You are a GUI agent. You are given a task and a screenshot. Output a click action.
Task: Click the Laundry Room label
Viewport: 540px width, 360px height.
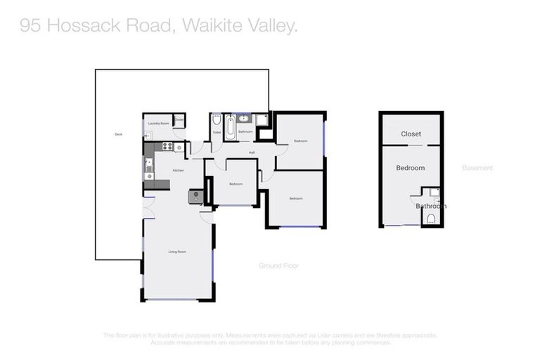158,124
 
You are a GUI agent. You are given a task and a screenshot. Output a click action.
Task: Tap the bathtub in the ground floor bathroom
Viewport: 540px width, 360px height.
230,128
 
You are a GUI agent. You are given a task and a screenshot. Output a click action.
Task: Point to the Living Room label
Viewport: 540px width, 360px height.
176,252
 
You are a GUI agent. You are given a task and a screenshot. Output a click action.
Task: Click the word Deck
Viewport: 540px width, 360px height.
118,134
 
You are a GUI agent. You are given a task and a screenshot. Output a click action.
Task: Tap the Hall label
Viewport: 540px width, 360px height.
251,152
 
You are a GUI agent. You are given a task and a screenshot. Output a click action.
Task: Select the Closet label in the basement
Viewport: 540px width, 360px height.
411,134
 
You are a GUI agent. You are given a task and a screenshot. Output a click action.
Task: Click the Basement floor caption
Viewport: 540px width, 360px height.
477,168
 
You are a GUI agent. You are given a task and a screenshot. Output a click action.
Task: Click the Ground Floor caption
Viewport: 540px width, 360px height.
279,266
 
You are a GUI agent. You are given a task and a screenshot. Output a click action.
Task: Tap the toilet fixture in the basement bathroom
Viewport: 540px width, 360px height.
432,218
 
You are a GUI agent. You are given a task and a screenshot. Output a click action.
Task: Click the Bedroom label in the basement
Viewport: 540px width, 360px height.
410,168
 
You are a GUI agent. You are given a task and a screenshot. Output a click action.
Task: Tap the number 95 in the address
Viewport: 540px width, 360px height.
30,26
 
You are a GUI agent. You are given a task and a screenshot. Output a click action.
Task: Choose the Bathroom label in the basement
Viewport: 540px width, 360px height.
430,206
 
